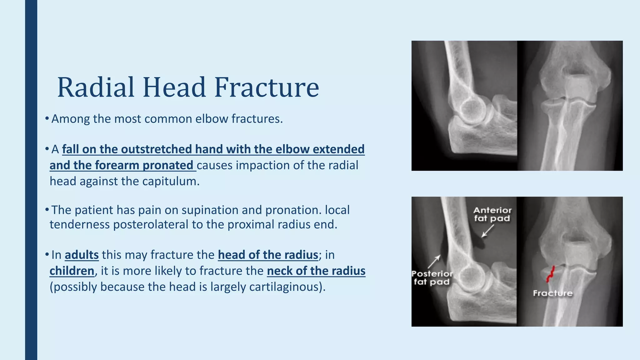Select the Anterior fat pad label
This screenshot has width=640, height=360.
click(x=492, y=214)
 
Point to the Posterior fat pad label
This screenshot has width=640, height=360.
click(x=432, y=278)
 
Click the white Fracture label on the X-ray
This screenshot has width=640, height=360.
click(x=552, y=293)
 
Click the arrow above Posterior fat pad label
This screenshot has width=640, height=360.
click(x=434, y=261)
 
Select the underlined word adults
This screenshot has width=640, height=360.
click(x=82, y=255)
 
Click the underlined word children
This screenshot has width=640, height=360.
click(x=72, y=271)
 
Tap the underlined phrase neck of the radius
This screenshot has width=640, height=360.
click(x=316, y=271)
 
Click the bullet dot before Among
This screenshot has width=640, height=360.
click(x=47, y=118)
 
